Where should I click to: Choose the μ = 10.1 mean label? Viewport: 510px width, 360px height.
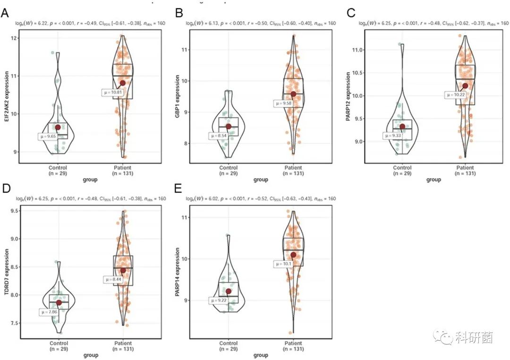pyautogui.click(x=282, y=264)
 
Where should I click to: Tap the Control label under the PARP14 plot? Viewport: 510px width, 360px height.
pyautogui.click(x=229, y=343)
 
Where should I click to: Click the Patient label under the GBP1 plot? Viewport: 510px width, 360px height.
pyautogui.click(x=293, y=168)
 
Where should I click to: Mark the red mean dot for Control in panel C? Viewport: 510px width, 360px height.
pyautogui.click(x=402, y=126)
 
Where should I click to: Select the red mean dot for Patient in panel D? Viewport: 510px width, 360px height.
pyautogui.click(x=123, y=270)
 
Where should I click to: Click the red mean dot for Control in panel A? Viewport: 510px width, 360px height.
pyautogui.click(x=58, y=127)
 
